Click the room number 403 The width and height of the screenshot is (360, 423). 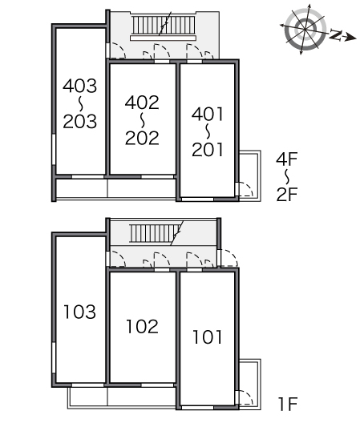tap(79, 86)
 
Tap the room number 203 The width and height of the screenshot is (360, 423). tap(79, 122)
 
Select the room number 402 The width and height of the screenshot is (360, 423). tap(142, 103)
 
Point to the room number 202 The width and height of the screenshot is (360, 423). tap(142, 138)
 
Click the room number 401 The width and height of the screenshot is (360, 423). tap(208, 114)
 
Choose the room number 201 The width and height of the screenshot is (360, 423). tap(208, 150)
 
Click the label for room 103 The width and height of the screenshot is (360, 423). tap(79, 312)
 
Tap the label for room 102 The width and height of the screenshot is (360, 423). tap(142, 326)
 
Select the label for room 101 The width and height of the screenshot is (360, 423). tap(208, 337)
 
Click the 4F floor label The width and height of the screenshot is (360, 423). tap(287, 159)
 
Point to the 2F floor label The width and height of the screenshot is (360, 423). tap(287, 194)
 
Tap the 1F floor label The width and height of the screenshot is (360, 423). tap(288, 404)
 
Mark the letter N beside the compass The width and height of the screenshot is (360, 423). tap(336, 35)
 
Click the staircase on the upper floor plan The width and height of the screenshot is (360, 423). tap(164, 26)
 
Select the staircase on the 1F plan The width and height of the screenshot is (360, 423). tap(156, 233)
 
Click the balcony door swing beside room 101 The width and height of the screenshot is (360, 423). tap(245, 397)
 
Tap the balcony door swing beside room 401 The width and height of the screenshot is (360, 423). tap(245, 189)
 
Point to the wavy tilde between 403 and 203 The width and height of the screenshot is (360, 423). tap(80, 104)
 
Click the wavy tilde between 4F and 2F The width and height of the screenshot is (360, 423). tap(287, 177)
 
